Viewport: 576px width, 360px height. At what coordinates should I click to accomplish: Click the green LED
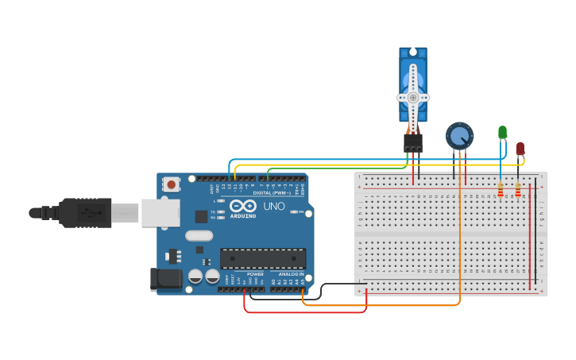[502, 132]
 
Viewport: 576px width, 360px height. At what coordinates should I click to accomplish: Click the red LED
[520, 149]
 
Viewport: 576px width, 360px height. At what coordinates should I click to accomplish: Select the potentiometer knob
[459, 136]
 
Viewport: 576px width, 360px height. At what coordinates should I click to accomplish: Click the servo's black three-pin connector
[412, 142]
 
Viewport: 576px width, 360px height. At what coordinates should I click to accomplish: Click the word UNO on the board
[273, 206]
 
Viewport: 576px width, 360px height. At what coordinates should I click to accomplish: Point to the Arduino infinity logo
[242, 206]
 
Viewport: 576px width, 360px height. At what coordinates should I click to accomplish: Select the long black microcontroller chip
[263, 258]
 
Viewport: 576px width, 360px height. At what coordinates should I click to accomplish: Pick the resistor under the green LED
[500, 190]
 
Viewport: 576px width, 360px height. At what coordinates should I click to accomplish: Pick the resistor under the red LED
[518, 190]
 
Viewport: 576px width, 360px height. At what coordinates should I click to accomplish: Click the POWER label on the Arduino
[255, 273]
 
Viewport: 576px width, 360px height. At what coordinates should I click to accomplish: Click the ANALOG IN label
[291, 273]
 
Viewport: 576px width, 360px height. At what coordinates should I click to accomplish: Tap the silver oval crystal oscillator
[199, 235]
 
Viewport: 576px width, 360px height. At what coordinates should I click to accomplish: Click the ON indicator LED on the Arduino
[295, 212]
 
